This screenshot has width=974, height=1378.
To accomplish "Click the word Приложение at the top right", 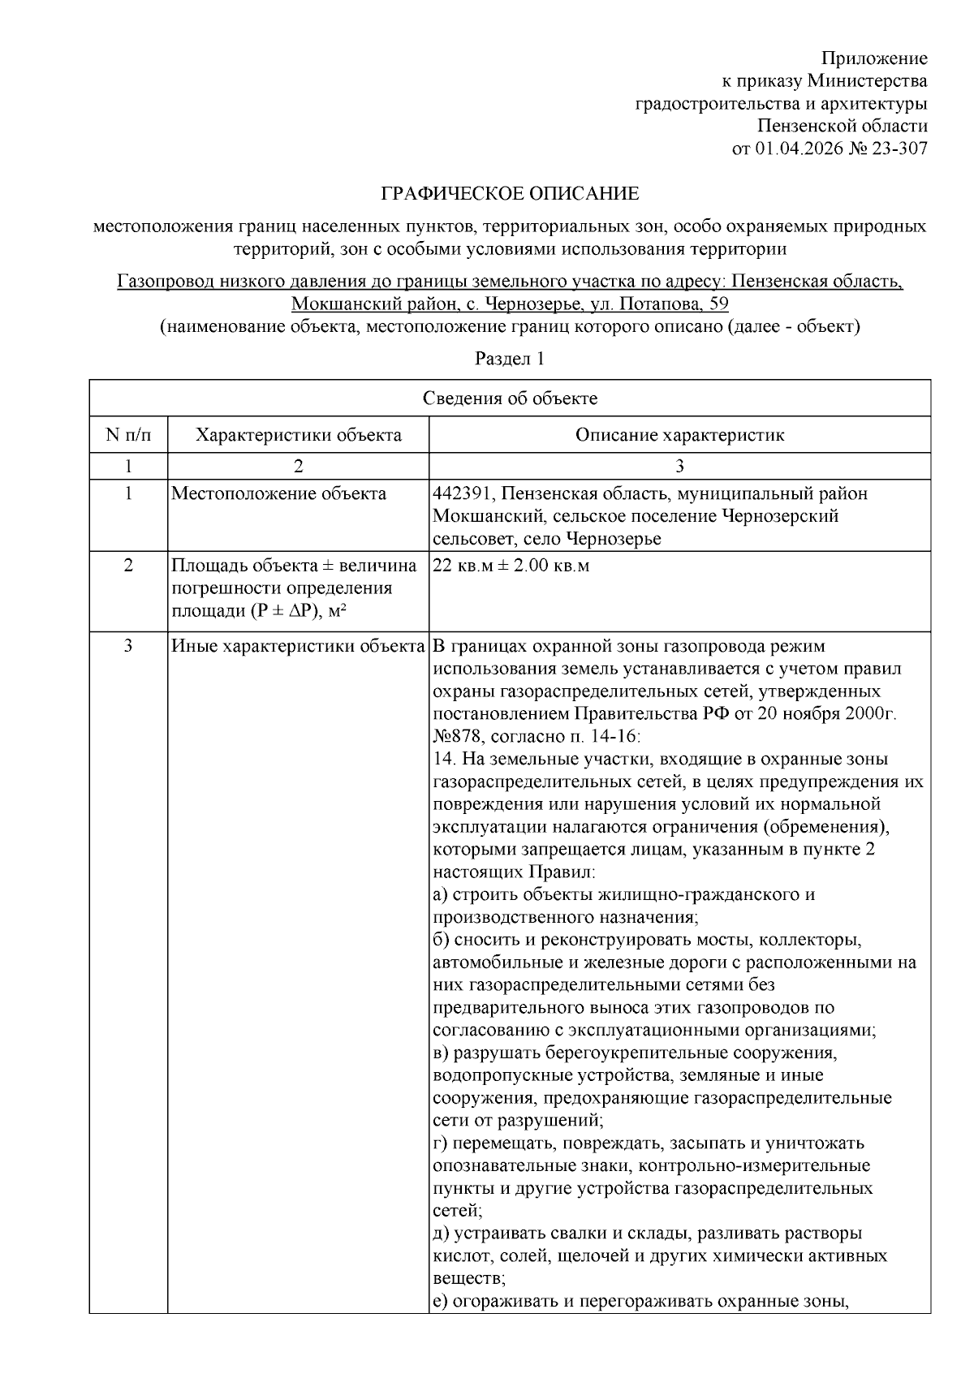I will click(x=873, y=58).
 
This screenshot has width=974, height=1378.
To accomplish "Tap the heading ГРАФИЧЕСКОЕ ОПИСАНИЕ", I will click(x=510, y=194).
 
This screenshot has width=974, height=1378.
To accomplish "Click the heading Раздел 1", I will click(x=509, y=359).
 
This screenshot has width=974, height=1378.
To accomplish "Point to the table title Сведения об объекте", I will click(x=510, y=398).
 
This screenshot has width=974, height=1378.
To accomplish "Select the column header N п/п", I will click(x=128, y=435).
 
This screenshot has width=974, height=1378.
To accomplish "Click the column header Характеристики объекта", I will click(x=298, y=435).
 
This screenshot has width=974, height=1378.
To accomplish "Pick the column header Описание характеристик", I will click(x=679, y=435).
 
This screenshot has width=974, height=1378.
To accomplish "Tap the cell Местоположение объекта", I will click(x=278, y=493).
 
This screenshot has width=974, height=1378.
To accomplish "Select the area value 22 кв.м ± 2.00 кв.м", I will click(x=511, y=566).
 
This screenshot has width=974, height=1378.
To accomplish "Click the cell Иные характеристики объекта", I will click(x=298, y=647).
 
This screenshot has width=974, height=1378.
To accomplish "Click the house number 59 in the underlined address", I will click(x=718, y=304).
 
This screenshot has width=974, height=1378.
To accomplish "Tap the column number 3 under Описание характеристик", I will click(x=679, y=466).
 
